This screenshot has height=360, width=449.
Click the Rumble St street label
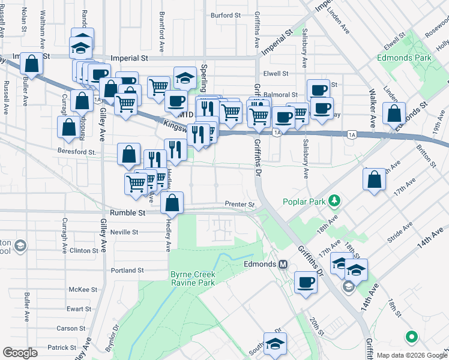pyautogui.click(x=128, y=212)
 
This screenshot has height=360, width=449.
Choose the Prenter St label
pyautogui.click(x=240, y=205)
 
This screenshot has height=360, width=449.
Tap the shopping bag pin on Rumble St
pyautogui.click(x=172, y=203)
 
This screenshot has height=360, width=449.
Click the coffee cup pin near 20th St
pyautogui.click(x=306, y=283)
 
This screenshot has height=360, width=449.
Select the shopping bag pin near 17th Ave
pyautogui.click(x=374, y=179)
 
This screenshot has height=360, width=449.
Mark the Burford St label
pyautogui.click(x=226, y=15)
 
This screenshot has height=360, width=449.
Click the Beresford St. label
pyautogui.click(x=77, y=152)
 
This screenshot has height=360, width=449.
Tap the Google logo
pyautogui.click(x=20, y=353)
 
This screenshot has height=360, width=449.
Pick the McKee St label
pyautogui.click(x=79, y=289)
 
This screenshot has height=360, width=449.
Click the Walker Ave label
pyautogui.click(x=372, y=109)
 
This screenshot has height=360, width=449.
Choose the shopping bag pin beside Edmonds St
pyautogui.click(x=394, y=113)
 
